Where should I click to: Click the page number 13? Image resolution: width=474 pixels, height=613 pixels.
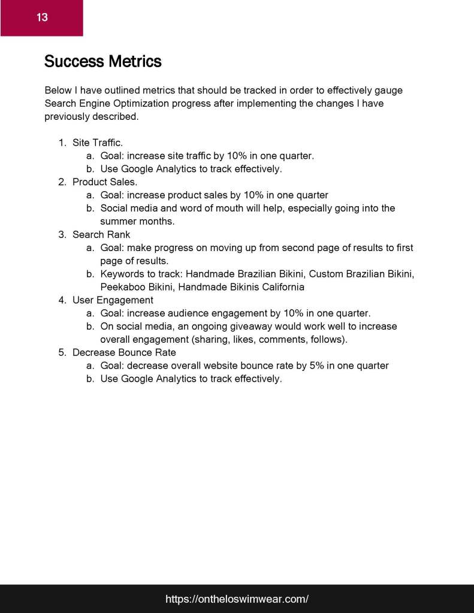coord(42,17)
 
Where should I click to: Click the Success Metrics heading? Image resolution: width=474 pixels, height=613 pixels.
coord(103,61)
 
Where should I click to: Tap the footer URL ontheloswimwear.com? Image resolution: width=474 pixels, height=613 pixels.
coord(237,599)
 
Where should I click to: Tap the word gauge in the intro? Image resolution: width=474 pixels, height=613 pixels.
coord(388,90)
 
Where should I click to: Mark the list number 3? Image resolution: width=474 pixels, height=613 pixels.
coord(62,234)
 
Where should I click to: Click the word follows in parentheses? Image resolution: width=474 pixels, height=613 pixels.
coord(328,339)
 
